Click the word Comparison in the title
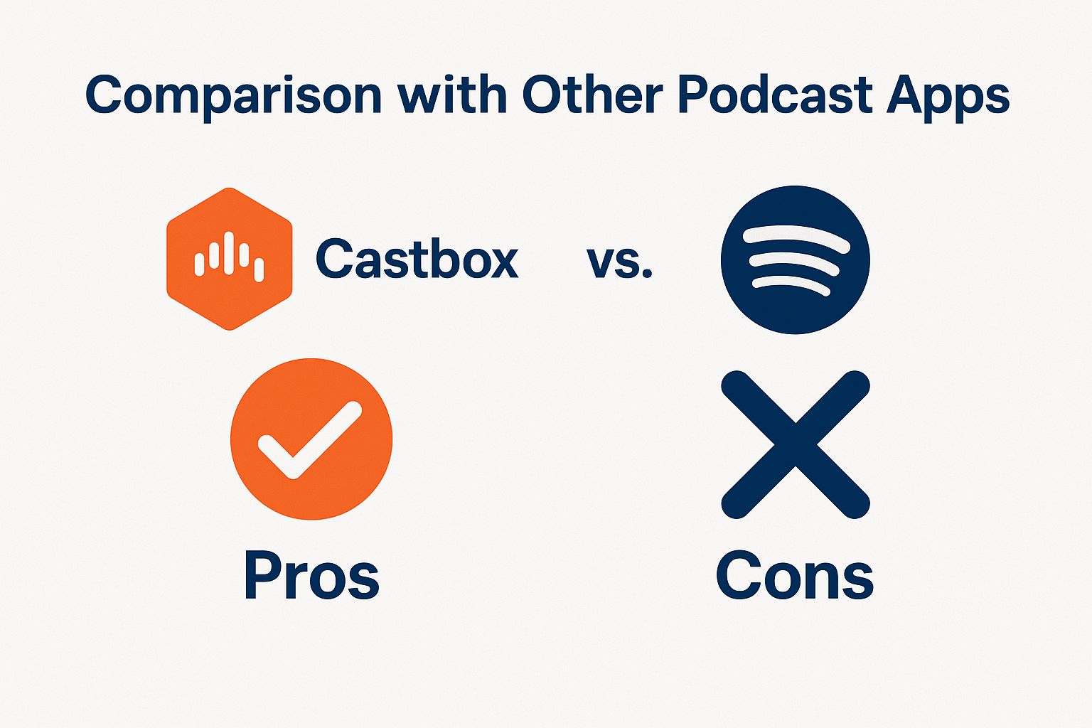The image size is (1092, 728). [233, 95]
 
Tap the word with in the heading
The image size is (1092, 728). [453, 94]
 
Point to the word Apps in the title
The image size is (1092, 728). [948, 97]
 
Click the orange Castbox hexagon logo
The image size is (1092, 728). [230, 259]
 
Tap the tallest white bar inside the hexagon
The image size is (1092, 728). [228, 253]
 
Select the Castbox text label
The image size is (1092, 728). [417, 259]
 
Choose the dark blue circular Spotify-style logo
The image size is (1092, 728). [795, 259]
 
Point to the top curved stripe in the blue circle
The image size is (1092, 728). [796, 238]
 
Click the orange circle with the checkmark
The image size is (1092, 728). [311, 439]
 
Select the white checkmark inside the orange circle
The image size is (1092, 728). [309, 440]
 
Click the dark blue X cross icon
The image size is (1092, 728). [795, 444]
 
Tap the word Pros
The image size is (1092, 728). [311, 575]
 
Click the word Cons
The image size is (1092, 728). [795, 575]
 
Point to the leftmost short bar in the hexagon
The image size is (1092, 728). [199, 264]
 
